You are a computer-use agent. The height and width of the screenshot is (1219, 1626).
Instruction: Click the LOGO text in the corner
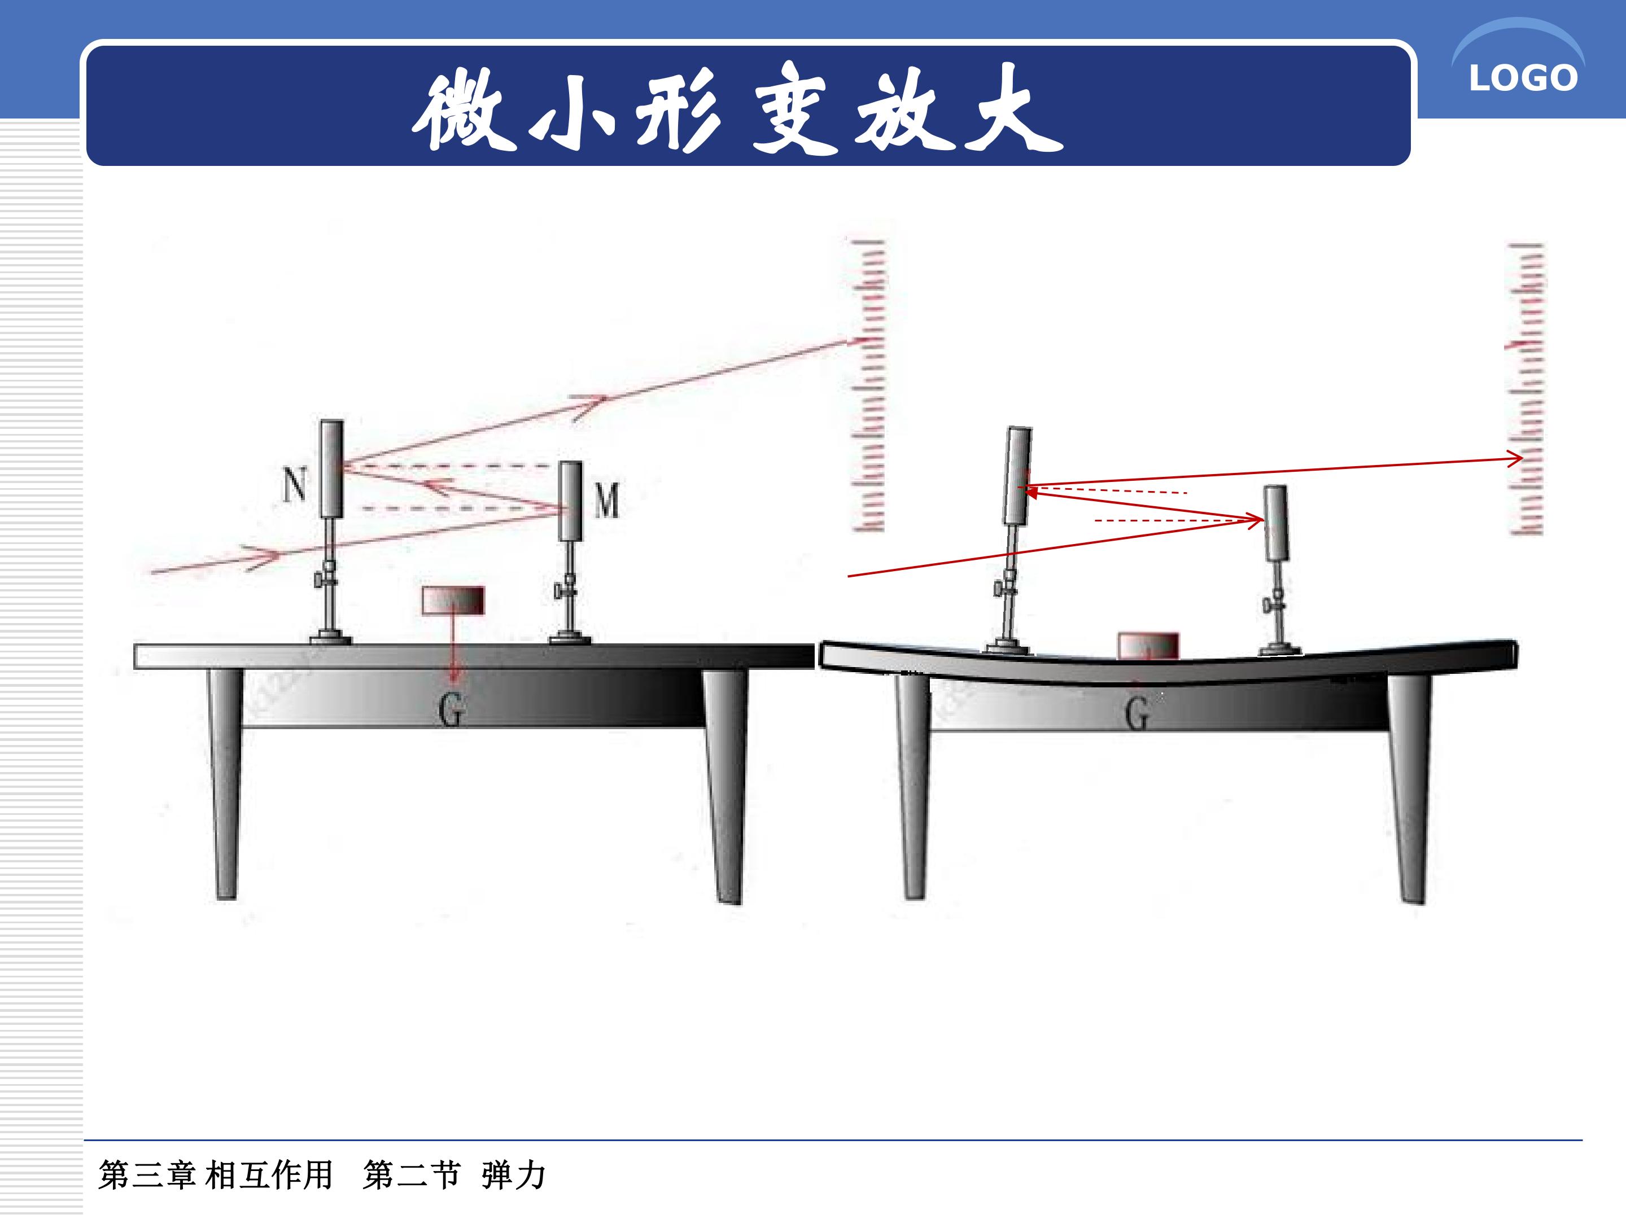coord(1523,78)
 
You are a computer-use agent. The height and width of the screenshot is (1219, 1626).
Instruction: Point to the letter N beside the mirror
coord(295,485)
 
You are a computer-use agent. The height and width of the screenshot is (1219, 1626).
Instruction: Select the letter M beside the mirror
coord(606,501)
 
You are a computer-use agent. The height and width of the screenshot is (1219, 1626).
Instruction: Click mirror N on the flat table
coord(331,469)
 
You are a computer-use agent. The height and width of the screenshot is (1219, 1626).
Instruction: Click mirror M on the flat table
coord(570,501)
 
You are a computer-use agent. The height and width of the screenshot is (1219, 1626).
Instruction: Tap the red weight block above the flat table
coord(453,600)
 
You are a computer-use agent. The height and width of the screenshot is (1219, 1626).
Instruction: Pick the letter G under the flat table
coord(451,709)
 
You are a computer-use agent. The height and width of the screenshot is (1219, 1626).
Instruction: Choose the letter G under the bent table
coord(1137,713)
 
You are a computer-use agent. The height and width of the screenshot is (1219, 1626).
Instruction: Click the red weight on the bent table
coord(1148,646)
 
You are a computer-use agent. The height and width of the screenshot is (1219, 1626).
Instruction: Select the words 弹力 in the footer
coord(514,1176)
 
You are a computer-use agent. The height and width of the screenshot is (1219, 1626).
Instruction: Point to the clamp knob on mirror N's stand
coord(319,582)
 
